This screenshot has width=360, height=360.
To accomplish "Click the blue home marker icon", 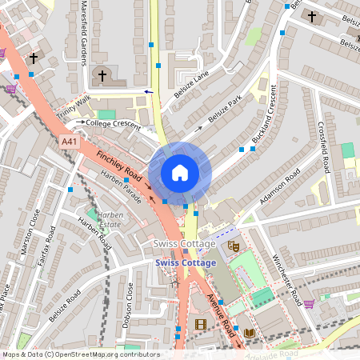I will click(180, 172).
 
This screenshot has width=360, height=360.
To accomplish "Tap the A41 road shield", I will click(70, 142).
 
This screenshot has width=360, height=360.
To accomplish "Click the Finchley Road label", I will click(118, 164).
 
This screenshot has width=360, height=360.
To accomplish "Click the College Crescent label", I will click(112, 124).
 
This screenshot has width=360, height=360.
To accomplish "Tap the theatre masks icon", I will click(234, 248).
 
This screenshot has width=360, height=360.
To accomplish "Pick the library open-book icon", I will click(250, 333).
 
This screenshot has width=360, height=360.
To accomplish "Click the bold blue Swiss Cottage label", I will click(186, 262).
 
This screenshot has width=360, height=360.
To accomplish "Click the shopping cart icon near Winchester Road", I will click(308, 304).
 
